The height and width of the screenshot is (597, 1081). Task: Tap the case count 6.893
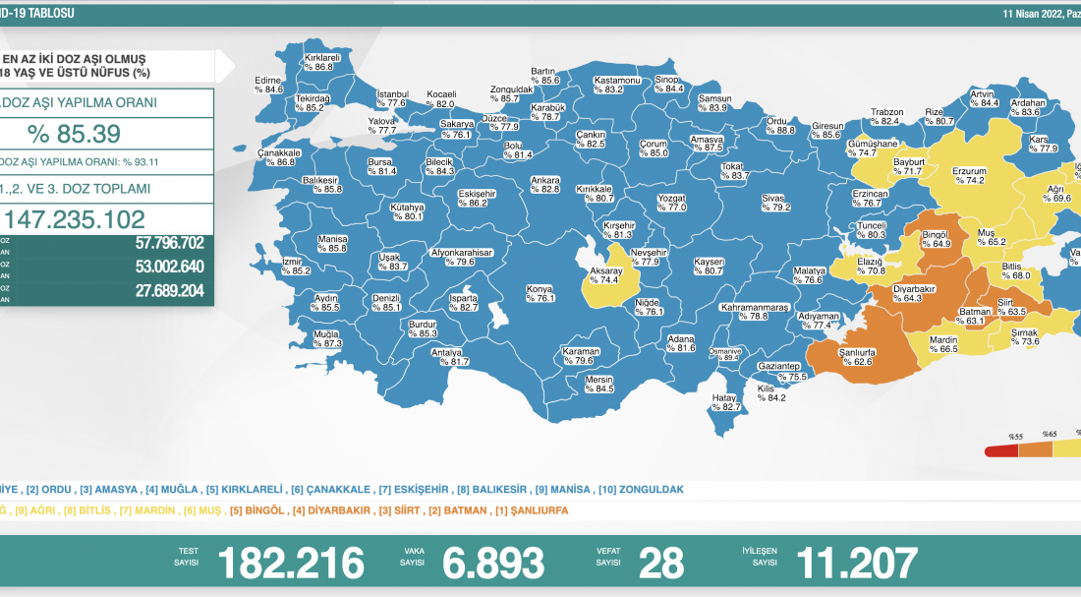tap(492, 563)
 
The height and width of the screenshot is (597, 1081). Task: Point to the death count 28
tap(661, 563)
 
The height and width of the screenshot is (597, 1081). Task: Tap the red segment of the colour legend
tap(1001, 450)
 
